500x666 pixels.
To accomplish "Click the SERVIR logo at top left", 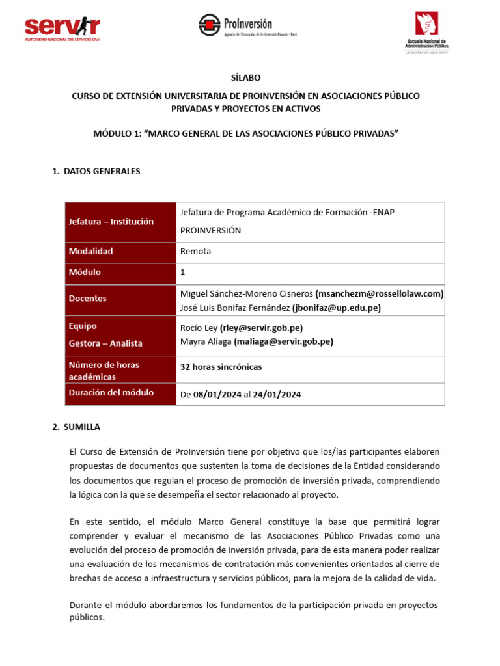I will [x=62, y=27].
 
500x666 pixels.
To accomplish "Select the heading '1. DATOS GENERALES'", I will [x=96, y=172].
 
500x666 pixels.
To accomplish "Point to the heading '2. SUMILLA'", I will [x=76, y=427].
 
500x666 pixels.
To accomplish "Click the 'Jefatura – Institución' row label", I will [x=111, y=222].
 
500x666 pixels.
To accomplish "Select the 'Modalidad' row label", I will [x=90, y=251].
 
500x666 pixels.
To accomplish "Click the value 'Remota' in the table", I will [x=195, y=251].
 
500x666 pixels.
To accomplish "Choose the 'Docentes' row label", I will [x=87, y=299].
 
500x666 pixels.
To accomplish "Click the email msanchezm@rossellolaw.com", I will [x=380, y=293].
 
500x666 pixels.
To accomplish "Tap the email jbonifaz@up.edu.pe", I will [x=337, y=308].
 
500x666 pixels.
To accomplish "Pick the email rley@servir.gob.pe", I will [x=261, y=328].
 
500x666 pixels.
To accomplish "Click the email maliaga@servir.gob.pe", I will [x=283, y=341].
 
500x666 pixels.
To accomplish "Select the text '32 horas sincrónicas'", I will [x=221, y=367].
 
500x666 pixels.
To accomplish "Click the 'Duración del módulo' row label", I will [x=111, y=393].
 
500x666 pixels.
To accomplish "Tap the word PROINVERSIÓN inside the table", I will [x=210, y=230].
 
